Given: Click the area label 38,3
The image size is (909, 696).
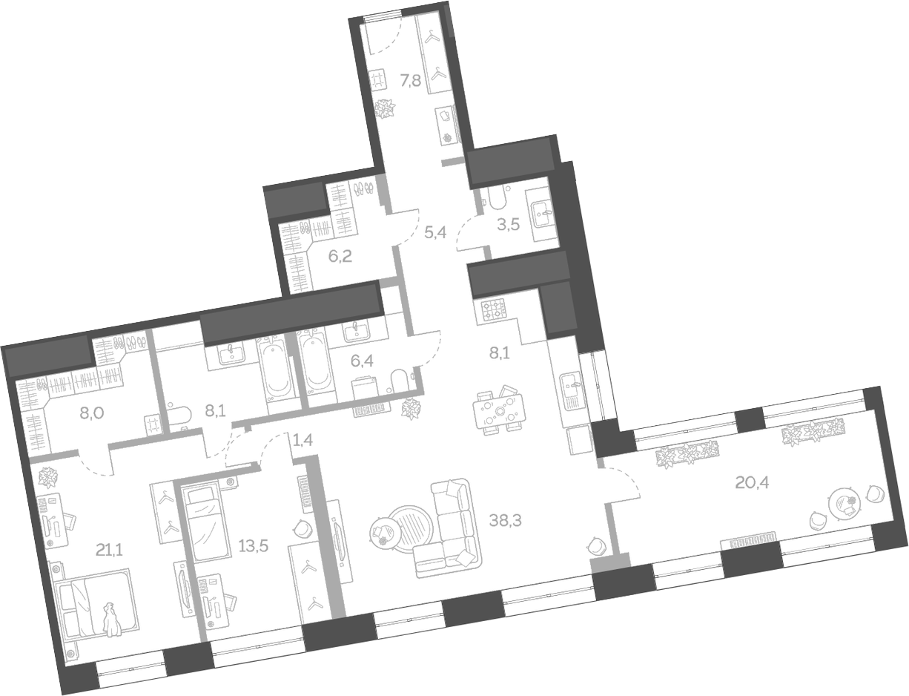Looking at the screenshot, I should pyautogui.click(x=506, y=521).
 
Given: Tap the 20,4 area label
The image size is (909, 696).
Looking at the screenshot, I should pyautogui.click(x=752, y=483).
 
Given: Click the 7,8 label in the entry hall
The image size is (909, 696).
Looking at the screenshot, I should pyautogui.click(x=411, y=81).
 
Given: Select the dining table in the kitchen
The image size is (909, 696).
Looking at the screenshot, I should pyautogui.click(x=500, y=411).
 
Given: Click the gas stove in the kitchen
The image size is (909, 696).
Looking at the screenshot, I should pyautogui.click(x=492, y=309).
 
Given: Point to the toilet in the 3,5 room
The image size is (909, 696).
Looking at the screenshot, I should pyautogui.click(x=495, y=200).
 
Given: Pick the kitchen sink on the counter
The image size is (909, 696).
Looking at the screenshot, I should pyautogui.click(x=572, y=384).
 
